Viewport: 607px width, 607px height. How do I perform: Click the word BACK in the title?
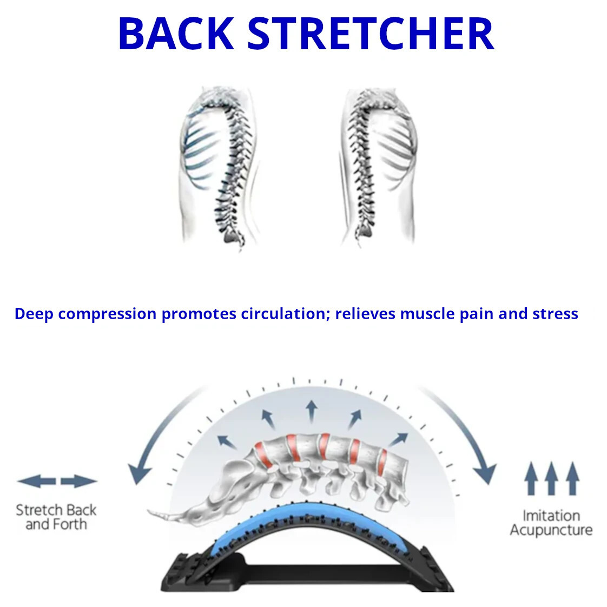(175, 34)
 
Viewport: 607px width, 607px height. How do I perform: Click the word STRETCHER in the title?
(371, 34)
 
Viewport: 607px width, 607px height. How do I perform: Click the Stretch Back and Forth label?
(56, 517)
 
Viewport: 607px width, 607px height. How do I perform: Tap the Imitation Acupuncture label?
(551, 523)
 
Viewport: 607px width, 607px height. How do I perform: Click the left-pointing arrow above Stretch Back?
(36, 481)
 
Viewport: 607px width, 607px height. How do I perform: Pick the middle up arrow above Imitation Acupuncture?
(551, 478)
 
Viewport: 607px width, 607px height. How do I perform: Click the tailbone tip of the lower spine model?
(151, 511)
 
